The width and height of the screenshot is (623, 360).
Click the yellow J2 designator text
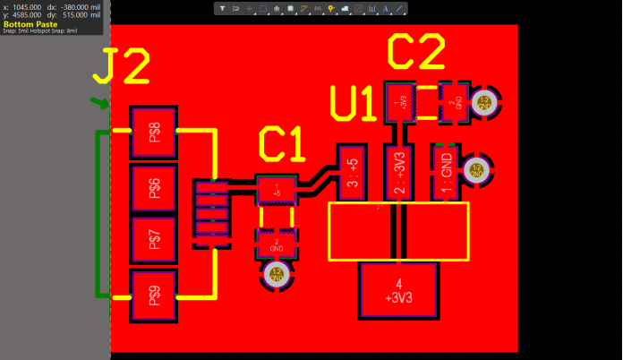point(126,67)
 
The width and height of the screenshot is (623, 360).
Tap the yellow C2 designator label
point(415,54)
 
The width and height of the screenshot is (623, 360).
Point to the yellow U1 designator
point(353,104)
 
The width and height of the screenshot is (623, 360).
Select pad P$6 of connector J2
point(155,187)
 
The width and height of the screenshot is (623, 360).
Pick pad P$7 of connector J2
point(155,240)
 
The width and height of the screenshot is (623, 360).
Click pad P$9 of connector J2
point(155,295)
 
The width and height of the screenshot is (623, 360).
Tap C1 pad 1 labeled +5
point(277,189)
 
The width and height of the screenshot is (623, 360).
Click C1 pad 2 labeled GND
point(277,242)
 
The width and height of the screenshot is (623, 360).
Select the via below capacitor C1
point(276,275)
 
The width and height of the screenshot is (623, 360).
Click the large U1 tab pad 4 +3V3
point(398,291)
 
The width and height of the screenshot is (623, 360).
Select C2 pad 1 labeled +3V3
point(397,101)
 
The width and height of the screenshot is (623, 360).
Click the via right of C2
point(484,102)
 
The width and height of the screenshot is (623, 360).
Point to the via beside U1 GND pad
point(477,170)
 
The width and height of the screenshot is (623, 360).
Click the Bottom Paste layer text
point(31,23)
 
